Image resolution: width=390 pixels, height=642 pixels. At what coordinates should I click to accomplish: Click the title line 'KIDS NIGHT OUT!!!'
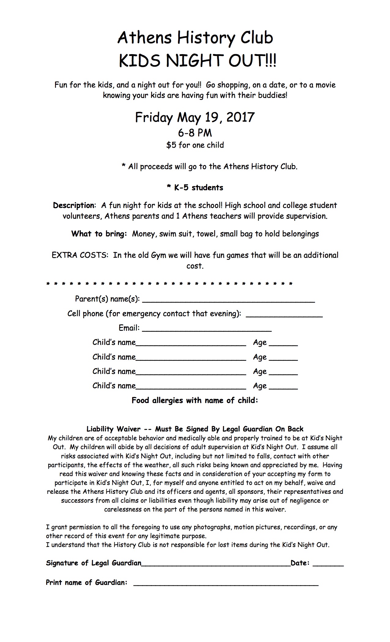(x=197, y=61)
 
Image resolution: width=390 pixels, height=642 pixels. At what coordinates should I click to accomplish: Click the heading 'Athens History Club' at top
(x=195, y=38)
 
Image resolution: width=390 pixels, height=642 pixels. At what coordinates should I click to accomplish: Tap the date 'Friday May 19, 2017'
(x=195, y=117)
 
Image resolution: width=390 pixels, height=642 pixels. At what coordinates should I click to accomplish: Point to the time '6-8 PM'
(x=195, y=133)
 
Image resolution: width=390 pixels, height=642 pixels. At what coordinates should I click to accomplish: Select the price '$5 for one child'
(x=195, y=145)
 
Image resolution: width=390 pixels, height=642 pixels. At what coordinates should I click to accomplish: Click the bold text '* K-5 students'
(x=195, y=187)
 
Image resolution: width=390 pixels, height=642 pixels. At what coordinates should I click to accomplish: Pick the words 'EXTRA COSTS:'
(x=80, y=255)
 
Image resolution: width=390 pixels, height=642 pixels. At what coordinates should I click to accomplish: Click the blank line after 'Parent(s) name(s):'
(x=228, y=301)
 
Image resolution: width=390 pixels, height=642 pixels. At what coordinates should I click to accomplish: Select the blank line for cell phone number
(x=284, y=315)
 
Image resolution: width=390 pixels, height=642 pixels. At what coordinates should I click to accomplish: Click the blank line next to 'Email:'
(x=207, y=330)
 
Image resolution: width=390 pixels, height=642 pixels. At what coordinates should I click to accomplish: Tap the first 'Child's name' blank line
(x=191, y=344)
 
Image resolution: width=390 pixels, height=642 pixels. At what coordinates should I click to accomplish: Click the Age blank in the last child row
(x=283, y=388)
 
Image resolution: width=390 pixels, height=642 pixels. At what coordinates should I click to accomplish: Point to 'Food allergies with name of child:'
(x=195, y=400)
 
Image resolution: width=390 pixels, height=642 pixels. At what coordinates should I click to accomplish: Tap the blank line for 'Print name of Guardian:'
(x=226, y=584)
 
